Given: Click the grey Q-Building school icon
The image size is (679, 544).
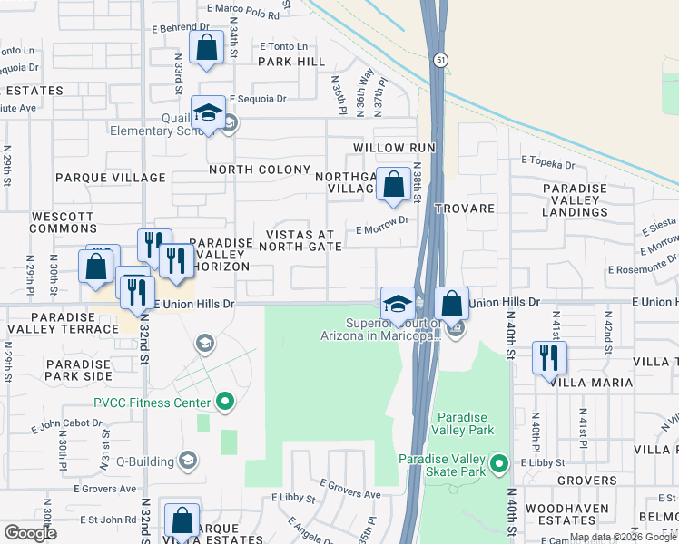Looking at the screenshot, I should coord(188,458).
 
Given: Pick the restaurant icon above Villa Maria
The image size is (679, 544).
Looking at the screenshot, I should coord(549,357).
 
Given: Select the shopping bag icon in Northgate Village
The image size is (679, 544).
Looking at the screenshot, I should coord(393,183).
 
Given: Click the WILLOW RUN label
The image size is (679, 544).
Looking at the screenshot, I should coord(395,147).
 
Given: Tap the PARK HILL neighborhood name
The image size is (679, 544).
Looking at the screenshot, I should coord(290,62).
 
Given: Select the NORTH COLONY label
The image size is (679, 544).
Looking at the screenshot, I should coord(260,170).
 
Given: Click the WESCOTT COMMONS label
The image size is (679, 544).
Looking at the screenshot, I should coord(63,222).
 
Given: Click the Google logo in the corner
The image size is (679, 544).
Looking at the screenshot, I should coord(30,533).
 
